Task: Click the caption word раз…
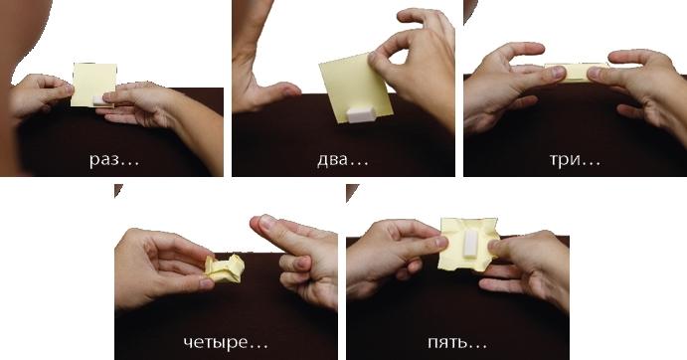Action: pos(114,159)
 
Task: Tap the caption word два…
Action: pos(343,160)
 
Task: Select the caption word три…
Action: pos(576,160)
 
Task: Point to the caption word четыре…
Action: pos(226,342)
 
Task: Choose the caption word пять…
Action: pos(457,342)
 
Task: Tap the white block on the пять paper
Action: pos(469,243)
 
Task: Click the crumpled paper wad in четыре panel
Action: pos(225,269)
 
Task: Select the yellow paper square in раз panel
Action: pos(93,86)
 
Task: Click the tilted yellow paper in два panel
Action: pos(356,88)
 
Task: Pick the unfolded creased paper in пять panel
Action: pos(469,244)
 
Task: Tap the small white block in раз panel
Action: pos(100,100)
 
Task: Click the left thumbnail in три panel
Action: pos(558,72)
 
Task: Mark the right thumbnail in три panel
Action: pos(594,74)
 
